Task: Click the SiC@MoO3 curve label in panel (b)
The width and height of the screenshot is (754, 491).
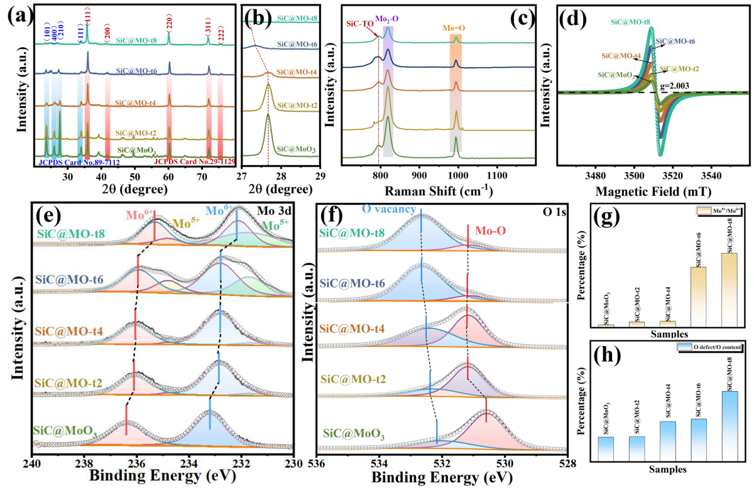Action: [x=293, y=149]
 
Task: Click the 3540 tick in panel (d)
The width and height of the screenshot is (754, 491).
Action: [x=713, y=175]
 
